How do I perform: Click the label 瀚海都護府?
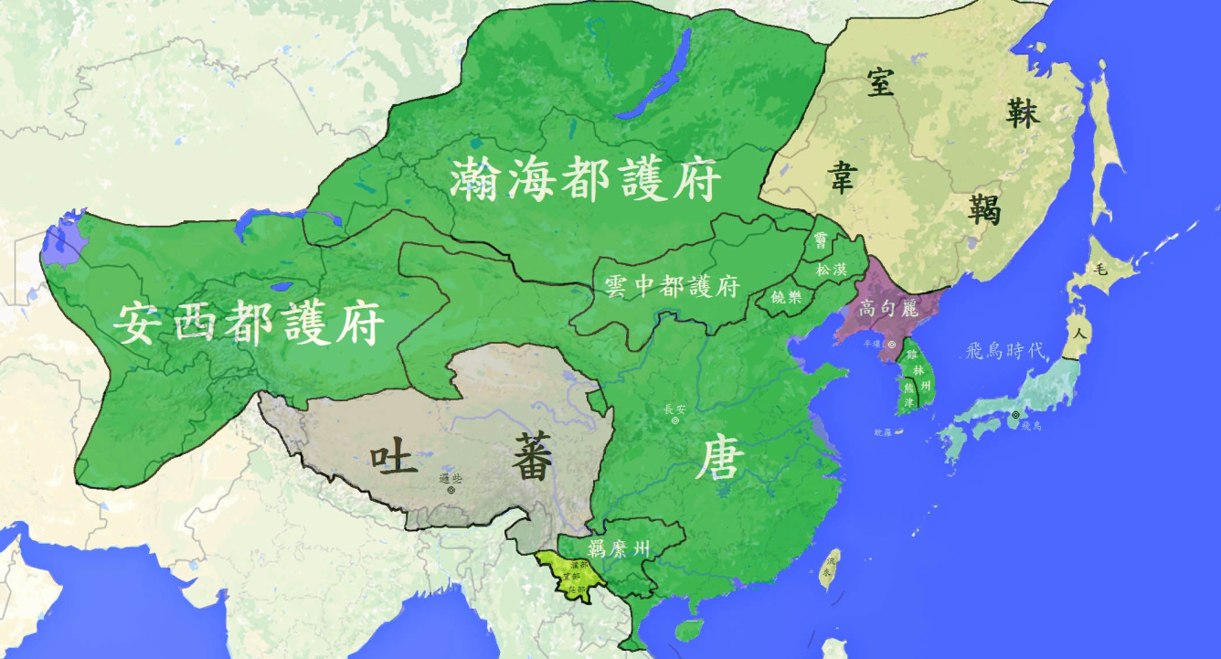585,179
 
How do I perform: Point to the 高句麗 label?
887,308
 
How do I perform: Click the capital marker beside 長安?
674,421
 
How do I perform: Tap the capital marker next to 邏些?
450,490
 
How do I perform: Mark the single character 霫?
821,240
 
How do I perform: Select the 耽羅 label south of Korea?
883,430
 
